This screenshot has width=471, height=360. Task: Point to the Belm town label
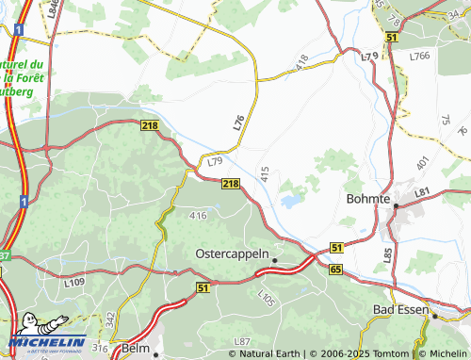tap(136, 349)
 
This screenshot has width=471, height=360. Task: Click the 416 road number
tap(197, 216)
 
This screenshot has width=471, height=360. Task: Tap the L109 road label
tap(76, 282)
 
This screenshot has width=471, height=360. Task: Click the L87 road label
tap(243, 340)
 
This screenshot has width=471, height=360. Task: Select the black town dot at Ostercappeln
tap(275, 258)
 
